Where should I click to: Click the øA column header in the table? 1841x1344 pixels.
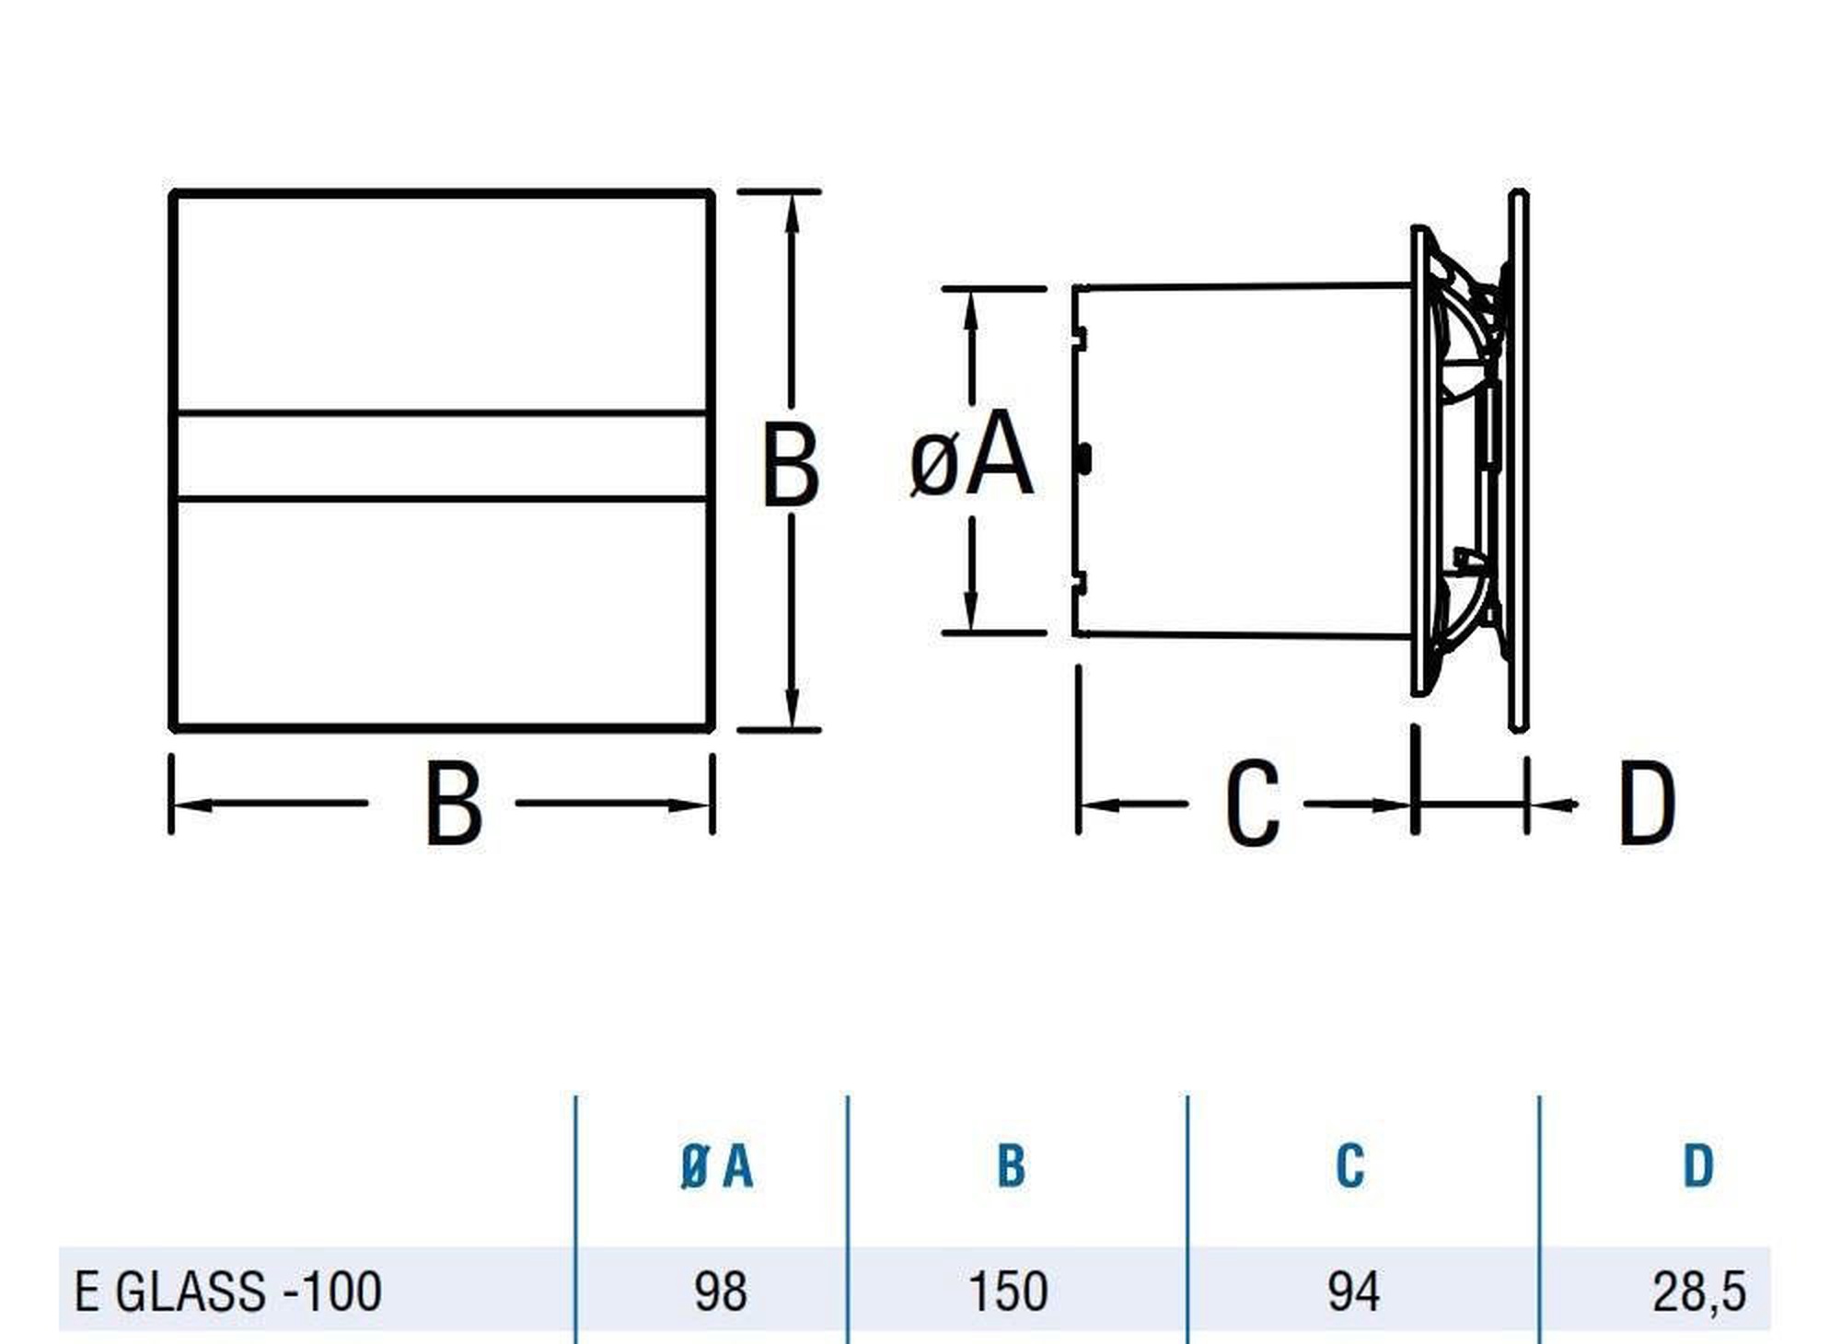(x=717, y=1166)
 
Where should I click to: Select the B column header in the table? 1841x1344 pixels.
(x=1011, y=1166)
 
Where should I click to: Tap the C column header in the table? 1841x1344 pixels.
(x=1349, y=1166)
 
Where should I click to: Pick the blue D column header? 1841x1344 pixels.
(x=1698, y=1166)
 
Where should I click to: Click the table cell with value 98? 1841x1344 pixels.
(x=721, y=1291)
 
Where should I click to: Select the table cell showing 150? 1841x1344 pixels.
(x=1008, y=1291)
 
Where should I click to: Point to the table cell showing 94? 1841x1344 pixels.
(x=1353, y=1291)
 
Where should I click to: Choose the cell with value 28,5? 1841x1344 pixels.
(x=1698, y=1292)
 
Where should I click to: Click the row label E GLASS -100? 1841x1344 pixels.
(x=227, y=1291)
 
